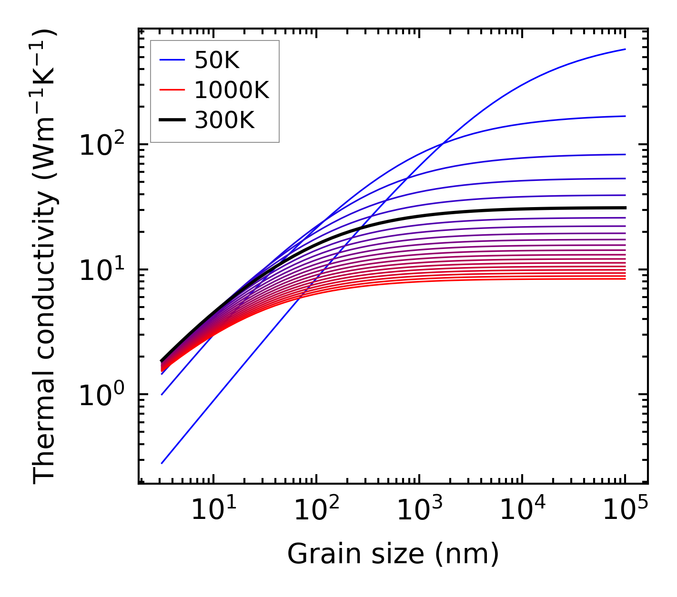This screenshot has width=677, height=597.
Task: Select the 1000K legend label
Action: [232, 90]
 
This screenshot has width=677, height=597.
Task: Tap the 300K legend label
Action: [224, 120]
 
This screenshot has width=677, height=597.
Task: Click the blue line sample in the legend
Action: [172, 60]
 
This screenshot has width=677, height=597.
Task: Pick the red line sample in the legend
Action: [172, 90]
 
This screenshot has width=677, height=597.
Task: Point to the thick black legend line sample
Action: [172, 120]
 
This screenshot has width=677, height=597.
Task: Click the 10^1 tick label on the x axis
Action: [213, 510]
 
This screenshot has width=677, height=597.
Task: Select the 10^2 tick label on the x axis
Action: [316, 510]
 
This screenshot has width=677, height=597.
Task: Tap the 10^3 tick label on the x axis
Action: [419, 510]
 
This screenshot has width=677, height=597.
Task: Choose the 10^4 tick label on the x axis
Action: [522, 510]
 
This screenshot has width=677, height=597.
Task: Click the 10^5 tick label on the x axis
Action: [625, 510]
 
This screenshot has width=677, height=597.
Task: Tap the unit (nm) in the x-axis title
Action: [467, 554]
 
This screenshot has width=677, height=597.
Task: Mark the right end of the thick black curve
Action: [625, 208]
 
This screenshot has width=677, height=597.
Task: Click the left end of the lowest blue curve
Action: [162, 463]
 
